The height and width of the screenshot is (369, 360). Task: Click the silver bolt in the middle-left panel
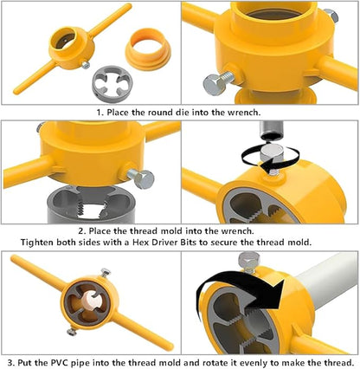(138, 177)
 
